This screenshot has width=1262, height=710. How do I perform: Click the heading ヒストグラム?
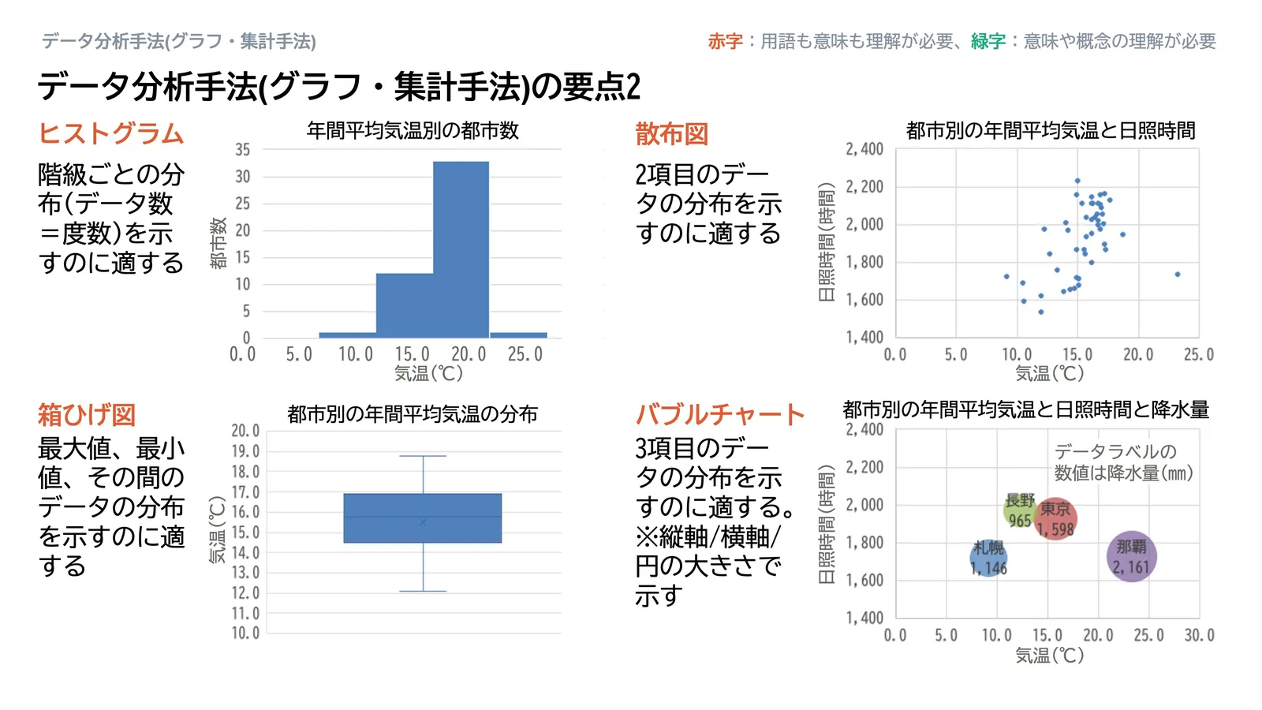tap(111, 133)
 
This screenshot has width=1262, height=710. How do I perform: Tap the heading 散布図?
tap(672, 134)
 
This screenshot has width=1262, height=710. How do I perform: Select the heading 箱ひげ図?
tap(87, 414)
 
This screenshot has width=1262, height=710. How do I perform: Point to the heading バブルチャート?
tap(719, 414)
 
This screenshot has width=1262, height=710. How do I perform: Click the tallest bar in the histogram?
tap(461, 248)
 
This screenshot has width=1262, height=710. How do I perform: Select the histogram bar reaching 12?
tap(404, 305)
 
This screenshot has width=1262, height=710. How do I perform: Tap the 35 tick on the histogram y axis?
tap(243, 150)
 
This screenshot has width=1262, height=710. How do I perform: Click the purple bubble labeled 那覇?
tap(1131, 556)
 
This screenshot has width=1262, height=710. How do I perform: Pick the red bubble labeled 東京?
tap(1055, 518)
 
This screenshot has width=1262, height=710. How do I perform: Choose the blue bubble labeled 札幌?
tap(988, 558)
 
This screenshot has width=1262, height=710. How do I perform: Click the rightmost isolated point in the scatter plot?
tap(1178, 275)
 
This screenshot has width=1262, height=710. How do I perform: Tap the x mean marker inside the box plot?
tap(423, 522)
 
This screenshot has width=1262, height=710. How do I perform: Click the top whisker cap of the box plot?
tap(423, 456)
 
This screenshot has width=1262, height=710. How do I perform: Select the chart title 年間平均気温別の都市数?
tap(413, 130)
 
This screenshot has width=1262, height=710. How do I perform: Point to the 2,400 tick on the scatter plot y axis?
tap(864, 150)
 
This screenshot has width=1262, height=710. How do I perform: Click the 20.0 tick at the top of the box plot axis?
tap(245, 431)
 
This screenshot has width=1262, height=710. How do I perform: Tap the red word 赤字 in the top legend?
tap(725, 41)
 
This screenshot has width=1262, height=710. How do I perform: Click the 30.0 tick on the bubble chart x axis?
tap(1199, 635)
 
